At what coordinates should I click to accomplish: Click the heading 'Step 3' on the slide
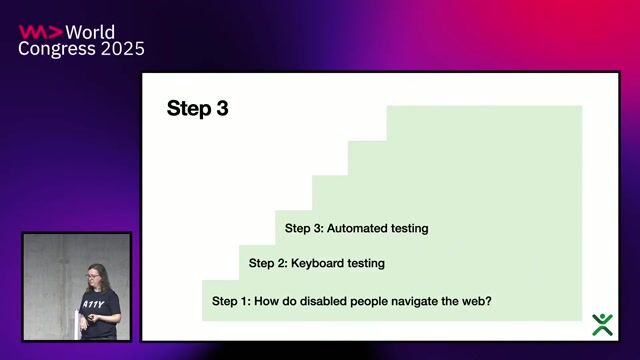pyautogui.click(x=197, y=109)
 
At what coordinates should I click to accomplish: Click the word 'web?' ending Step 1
pyautogui.click(x=477, y=300)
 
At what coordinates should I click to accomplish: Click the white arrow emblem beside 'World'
pyautogui.click(x=41, y=31)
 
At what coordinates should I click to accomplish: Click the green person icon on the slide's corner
pyautogui.click(x=602, y=324)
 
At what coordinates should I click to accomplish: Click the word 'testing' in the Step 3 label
pyautogui.click(x=408, y=228)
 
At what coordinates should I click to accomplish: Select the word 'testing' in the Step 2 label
pyautogui.click(x=365, y=264)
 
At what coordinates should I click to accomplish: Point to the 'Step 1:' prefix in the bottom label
pyautogui.click(x=231, y=300)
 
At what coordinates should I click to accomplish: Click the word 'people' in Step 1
pyautogui.click(x=370, y=300)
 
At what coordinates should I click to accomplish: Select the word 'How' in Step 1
pyautogui.click(x=268, y=300)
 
